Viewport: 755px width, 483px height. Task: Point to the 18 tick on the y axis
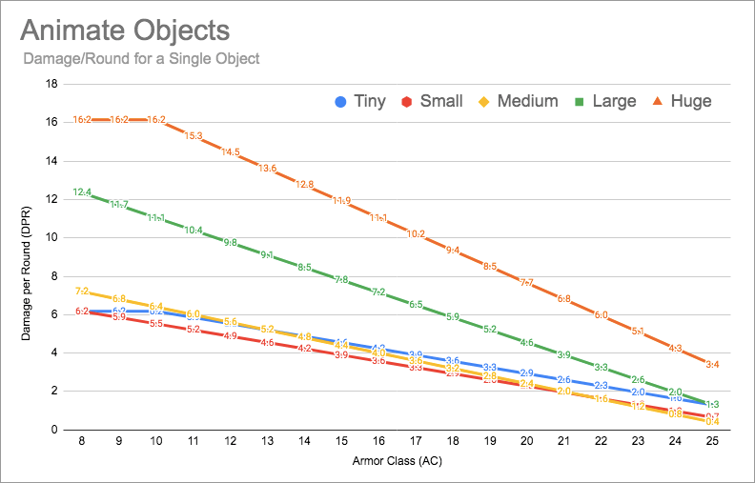coord(53,84)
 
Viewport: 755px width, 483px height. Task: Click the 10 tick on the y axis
coord(53,237)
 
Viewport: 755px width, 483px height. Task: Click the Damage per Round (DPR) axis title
coord(28,257)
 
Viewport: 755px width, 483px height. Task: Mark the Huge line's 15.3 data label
coord(194,136)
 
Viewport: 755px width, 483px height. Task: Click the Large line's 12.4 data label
coord(82,192)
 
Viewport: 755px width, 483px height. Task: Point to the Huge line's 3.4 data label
coord(712,364)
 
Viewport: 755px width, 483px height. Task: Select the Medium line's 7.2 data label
coord(82,292)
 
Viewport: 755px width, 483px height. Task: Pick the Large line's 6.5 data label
coord(416,305)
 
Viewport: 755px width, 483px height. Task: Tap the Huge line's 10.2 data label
coord(416,234)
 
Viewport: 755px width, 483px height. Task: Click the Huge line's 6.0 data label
coord(601,314)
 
